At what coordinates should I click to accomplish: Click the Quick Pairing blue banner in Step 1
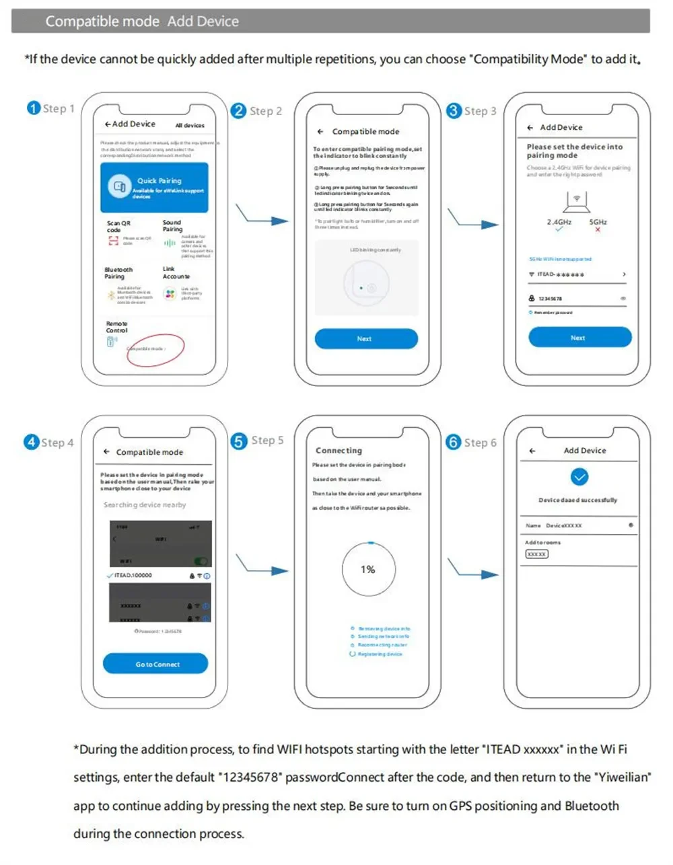(154, 188)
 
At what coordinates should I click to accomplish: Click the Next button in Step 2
(365, 339)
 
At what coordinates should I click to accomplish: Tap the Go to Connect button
(155, 664)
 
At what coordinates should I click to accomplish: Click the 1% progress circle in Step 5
(368, 570)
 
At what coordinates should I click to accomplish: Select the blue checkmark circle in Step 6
(579, 477)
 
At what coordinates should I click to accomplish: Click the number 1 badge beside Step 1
(34, 108)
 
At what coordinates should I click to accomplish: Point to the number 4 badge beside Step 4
(32, 442)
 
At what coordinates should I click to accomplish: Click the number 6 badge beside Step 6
(454, 442)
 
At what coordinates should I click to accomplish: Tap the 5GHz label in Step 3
(598, 222)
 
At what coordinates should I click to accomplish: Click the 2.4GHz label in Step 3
(559, 222)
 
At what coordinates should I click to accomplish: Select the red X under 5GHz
(598, 230)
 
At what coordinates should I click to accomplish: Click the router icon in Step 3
(576, 200)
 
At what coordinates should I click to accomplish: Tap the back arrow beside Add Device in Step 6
(532, 451)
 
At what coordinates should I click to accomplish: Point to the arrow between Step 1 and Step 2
(262, 217)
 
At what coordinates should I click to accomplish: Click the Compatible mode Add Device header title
(142, 22)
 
